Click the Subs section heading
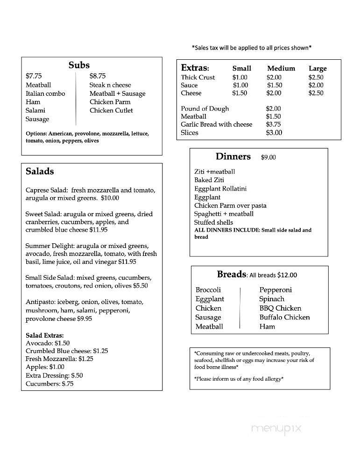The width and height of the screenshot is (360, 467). pos(79,65)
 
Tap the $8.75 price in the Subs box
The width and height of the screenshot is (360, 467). pos(98,76)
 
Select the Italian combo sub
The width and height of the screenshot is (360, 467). pos(45,93)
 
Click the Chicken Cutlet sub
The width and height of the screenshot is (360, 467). pos(111,110)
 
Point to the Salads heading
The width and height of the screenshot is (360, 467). pos(40,171)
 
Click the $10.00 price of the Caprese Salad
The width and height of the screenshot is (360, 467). pos(110,198)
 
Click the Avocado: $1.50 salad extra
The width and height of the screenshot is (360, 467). pos(48,342)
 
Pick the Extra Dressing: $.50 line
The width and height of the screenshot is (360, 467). pos(54,375)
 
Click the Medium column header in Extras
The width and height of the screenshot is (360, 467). pos(281,68)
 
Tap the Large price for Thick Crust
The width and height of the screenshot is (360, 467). pos(316,77)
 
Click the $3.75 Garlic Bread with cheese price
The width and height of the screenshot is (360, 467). pos(274,124)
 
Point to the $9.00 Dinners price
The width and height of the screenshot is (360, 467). pos(268,157)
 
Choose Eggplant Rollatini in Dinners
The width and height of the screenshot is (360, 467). pos(220,189)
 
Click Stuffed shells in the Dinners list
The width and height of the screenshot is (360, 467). pos(213,222)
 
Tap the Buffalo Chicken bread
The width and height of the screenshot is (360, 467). pos(284,317)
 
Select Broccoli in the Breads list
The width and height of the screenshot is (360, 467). pos(208,290)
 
